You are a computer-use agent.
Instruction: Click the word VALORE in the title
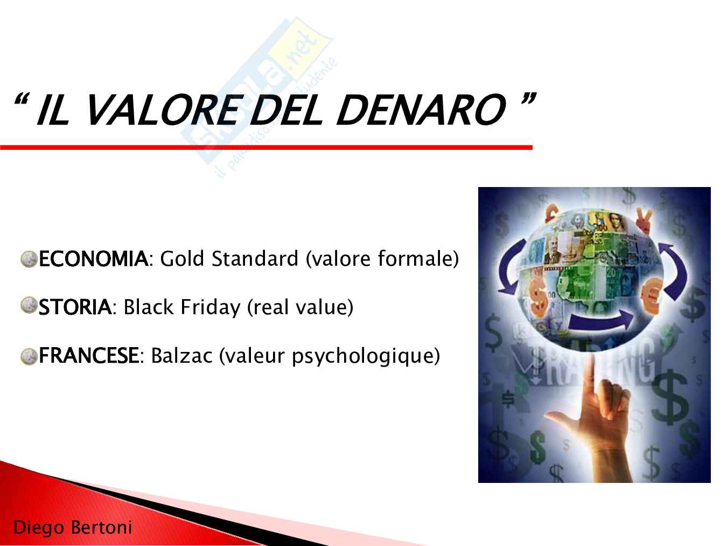(x=162, y=110)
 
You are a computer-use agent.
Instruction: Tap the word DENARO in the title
(x=421, y=110)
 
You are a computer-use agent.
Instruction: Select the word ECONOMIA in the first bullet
(x=93, y=259)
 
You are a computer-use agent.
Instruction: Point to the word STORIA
(x=75, y=307)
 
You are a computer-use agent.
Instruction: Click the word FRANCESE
(x=89, y=356)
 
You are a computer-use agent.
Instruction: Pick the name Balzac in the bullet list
(x=181, y=356)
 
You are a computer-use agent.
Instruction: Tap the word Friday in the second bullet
(x=210, y=307)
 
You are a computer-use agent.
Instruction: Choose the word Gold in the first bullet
(x=182, y=259)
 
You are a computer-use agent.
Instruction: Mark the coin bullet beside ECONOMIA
(x=29, y=259)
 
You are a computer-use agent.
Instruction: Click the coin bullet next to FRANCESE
(x=29, y=357)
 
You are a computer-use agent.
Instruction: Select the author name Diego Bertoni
(x=73, y=527)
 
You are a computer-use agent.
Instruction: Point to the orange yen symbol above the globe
(x=645, y=220)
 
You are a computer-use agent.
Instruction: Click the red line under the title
(x=266, y=147)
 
